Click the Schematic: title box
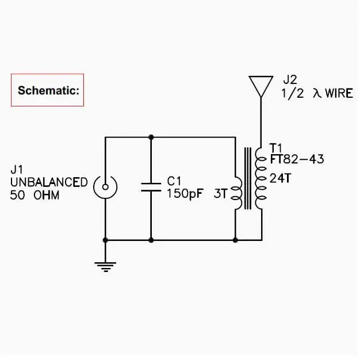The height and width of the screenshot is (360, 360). [x=47, y=90]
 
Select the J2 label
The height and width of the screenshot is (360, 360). [x=290, y=80]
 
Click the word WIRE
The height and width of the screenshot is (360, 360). [x=339, y=93]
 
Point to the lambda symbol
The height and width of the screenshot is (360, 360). [x=317, y=93]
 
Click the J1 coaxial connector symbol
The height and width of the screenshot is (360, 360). [x=105, y=187]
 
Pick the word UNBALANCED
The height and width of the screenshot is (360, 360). [x=49, y=182]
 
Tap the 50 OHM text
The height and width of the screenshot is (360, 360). [x=35, y=195]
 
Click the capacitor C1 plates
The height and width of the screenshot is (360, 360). [x=151, y=187]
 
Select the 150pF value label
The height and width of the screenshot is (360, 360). [x=185, y=194]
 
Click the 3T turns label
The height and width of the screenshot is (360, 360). [x=220, y=194]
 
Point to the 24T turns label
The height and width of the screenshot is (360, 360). [x=280, y=178]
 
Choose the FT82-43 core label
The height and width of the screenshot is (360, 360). [x=297, y=159]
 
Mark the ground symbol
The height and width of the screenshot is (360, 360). [x=105, y=267]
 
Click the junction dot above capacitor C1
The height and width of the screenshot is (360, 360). [x=151, y=137]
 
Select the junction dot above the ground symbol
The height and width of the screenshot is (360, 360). [x=105, y=240]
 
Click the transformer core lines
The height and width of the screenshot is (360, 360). [x=247, y=178]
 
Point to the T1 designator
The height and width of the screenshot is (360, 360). [x=276, y=148]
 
